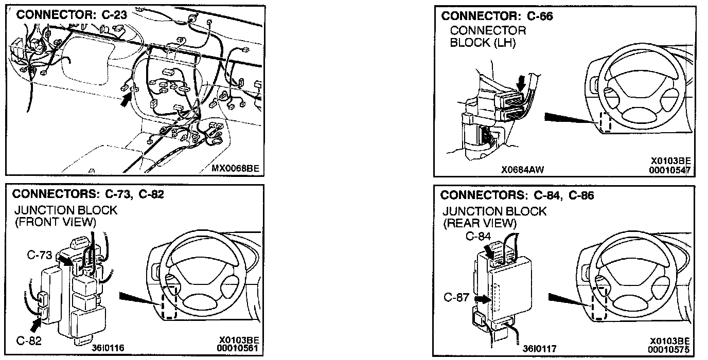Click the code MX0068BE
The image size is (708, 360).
pos(234,168)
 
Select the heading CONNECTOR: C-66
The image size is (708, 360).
pos(497,16)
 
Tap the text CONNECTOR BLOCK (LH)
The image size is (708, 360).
pos(488,37)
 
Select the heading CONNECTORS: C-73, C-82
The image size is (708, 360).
pos(87,194)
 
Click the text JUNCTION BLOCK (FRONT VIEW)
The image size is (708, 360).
pos(65,216)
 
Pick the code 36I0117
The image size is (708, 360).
pos(539,349)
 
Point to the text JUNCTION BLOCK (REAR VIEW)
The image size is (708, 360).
pos(494,217)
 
